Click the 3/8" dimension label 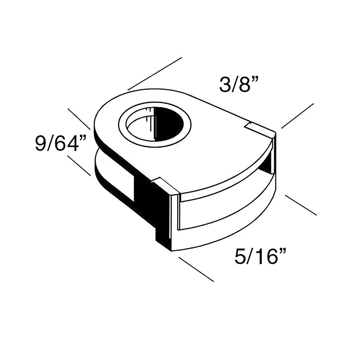click(234, 85)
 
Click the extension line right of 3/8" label click(297, 116)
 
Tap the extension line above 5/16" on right click(301, 205)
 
